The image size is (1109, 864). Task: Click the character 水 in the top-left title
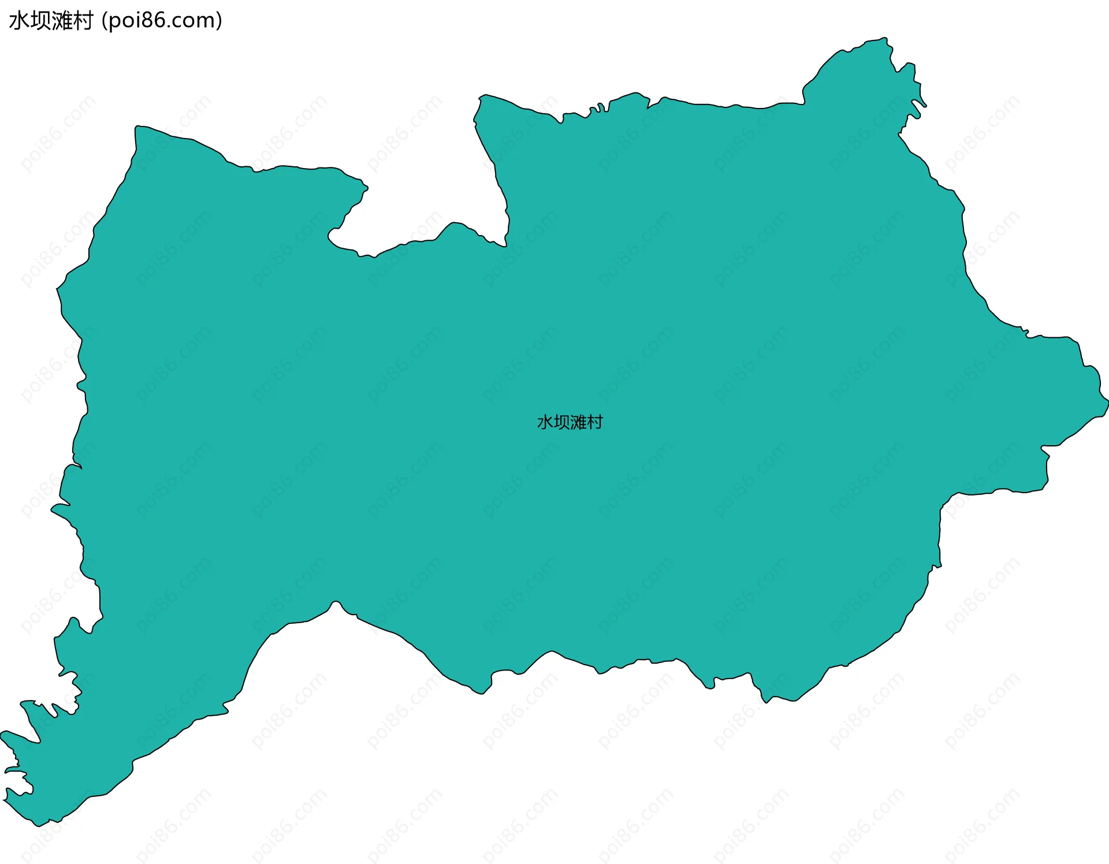click(x=20, y=21)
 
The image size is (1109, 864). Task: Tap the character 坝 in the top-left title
click(x=40, y=21)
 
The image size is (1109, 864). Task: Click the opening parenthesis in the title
click(x=104, y=21)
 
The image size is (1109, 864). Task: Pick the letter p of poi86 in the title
click(x=114, y=22)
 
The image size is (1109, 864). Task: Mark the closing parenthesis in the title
click(x=219, y=21)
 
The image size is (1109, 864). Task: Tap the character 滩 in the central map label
click(x=578, y=422)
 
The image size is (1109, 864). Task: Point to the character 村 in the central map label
click(x=595, y=422)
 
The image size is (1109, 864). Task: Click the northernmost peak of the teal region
click(x=884, y=39)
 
